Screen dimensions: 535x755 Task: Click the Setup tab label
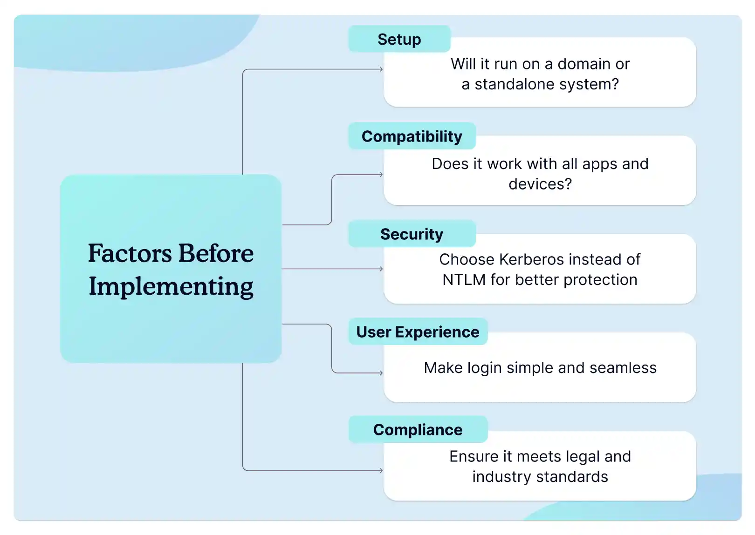399,40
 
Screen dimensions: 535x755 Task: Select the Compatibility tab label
412,136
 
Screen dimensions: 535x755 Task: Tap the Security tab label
412,234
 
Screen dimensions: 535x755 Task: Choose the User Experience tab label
418,332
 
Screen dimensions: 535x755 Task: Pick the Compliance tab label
418,430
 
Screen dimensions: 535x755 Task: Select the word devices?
540,184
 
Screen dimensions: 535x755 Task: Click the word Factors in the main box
130,254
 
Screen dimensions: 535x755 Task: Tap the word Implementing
171,287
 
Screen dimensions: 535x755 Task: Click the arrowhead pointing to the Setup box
381,69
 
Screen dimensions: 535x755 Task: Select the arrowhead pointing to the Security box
381,269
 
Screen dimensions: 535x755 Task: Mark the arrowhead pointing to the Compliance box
381,471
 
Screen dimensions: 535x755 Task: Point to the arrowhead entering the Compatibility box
381,175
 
